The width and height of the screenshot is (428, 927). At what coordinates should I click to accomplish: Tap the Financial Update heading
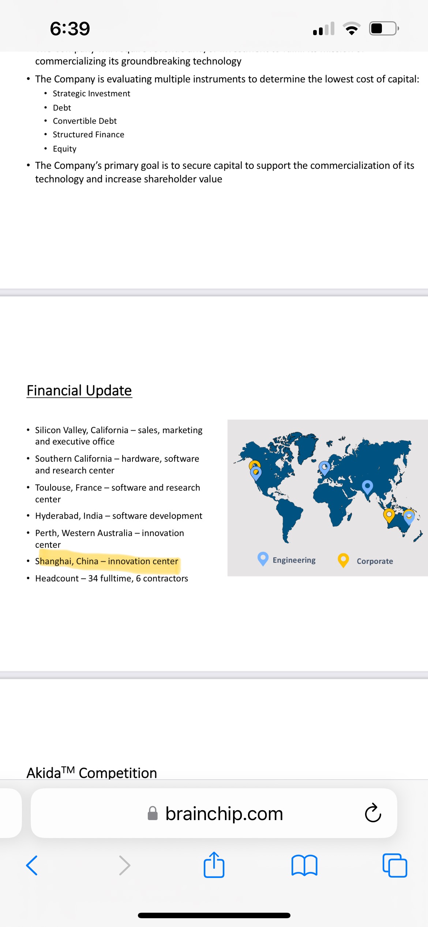(x=79, y=391)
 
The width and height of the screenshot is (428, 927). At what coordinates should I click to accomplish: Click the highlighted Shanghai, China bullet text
(x=106, y=561)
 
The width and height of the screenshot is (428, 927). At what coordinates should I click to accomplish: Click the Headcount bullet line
(x=112, y=578)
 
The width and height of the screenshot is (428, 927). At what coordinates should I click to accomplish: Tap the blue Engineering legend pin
(x=263, y=559)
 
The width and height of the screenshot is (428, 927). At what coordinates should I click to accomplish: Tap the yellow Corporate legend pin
(x=343, y=560)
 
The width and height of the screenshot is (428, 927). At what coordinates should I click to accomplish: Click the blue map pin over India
(x=367, y=487)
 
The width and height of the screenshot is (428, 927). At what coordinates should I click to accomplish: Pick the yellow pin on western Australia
(x=389, y=516)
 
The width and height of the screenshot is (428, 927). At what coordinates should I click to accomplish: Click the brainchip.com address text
(x=224, y=814)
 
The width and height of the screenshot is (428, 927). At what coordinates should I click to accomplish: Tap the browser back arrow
(x=32, y=865)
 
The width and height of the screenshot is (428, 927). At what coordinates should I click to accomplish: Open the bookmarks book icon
(x=304, y=865)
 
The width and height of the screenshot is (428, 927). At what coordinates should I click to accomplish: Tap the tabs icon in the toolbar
(x=395, y=865)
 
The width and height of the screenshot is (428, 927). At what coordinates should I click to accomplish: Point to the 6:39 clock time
(x=70, y=29)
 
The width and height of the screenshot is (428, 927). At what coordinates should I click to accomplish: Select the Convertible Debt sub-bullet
(x=85, y=121)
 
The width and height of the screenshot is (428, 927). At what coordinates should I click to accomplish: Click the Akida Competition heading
(x=92, y=772)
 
